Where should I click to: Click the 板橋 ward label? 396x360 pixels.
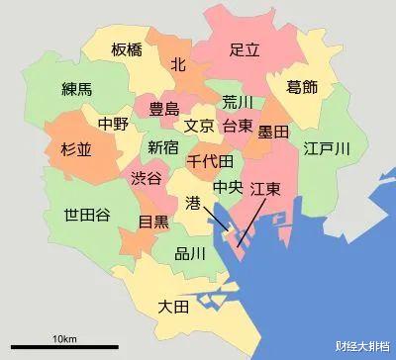(127, 50)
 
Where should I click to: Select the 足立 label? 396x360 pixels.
(244, 48)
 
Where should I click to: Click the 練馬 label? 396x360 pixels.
(76, 89)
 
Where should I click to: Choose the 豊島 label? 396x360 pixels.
(163, 110)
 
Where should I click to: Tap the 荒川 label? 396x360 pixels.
(238, 102)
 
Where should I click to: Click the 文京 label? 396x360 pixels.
(199, 126)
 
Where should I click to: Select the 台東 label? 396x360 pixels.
(237, 126)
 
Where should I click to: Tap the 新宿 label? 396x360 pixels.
(163, 147)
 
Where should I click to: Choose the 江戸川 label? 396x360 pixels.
(328, 149)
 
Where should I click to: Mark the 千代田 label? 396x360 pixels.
(210, 160)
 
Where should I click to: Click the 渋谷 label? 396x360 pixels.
(146, 178)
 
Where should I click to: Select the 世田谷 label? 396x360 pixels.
(87, 216)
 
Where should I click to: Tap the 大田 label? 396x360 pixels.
(173, 308)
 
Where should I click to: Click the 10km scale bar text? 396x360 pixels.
(65, 339)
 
